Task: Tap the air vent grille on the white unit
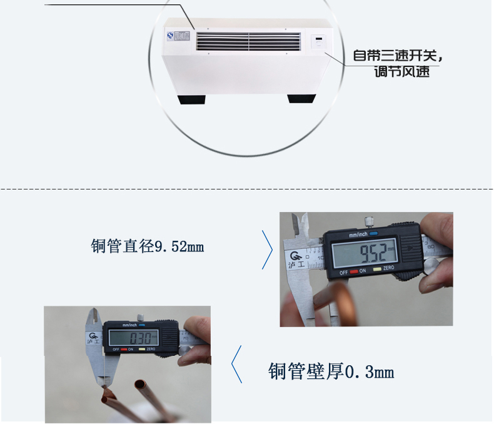248,41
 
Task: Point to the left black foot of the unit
194,99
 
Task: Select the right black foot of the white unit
301,98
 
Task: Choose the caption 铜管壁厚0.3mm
331,372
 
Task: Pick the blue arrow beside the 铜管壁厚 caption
236,363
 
